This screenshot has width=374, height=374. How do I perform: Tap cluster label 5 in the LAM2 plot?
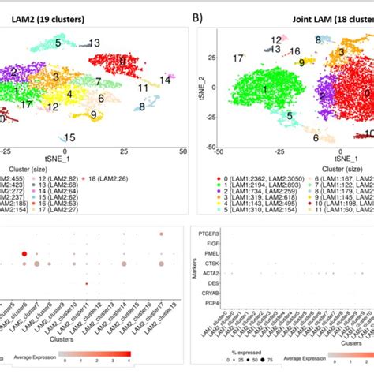[58, 43]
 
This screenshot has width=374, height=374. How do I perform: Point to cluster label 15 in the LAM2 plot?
[69, 137]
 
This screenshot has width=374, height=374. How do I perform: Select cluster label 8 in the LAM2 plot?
[142, 107]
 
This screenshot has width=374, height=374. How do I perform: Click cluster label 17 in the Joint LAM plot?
[237, 58]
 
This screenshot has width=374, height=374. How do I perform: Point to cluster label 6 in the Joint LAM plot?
[316, 138]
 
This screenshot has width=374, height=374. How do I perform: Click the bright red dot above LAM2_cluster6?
[25, 254]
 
